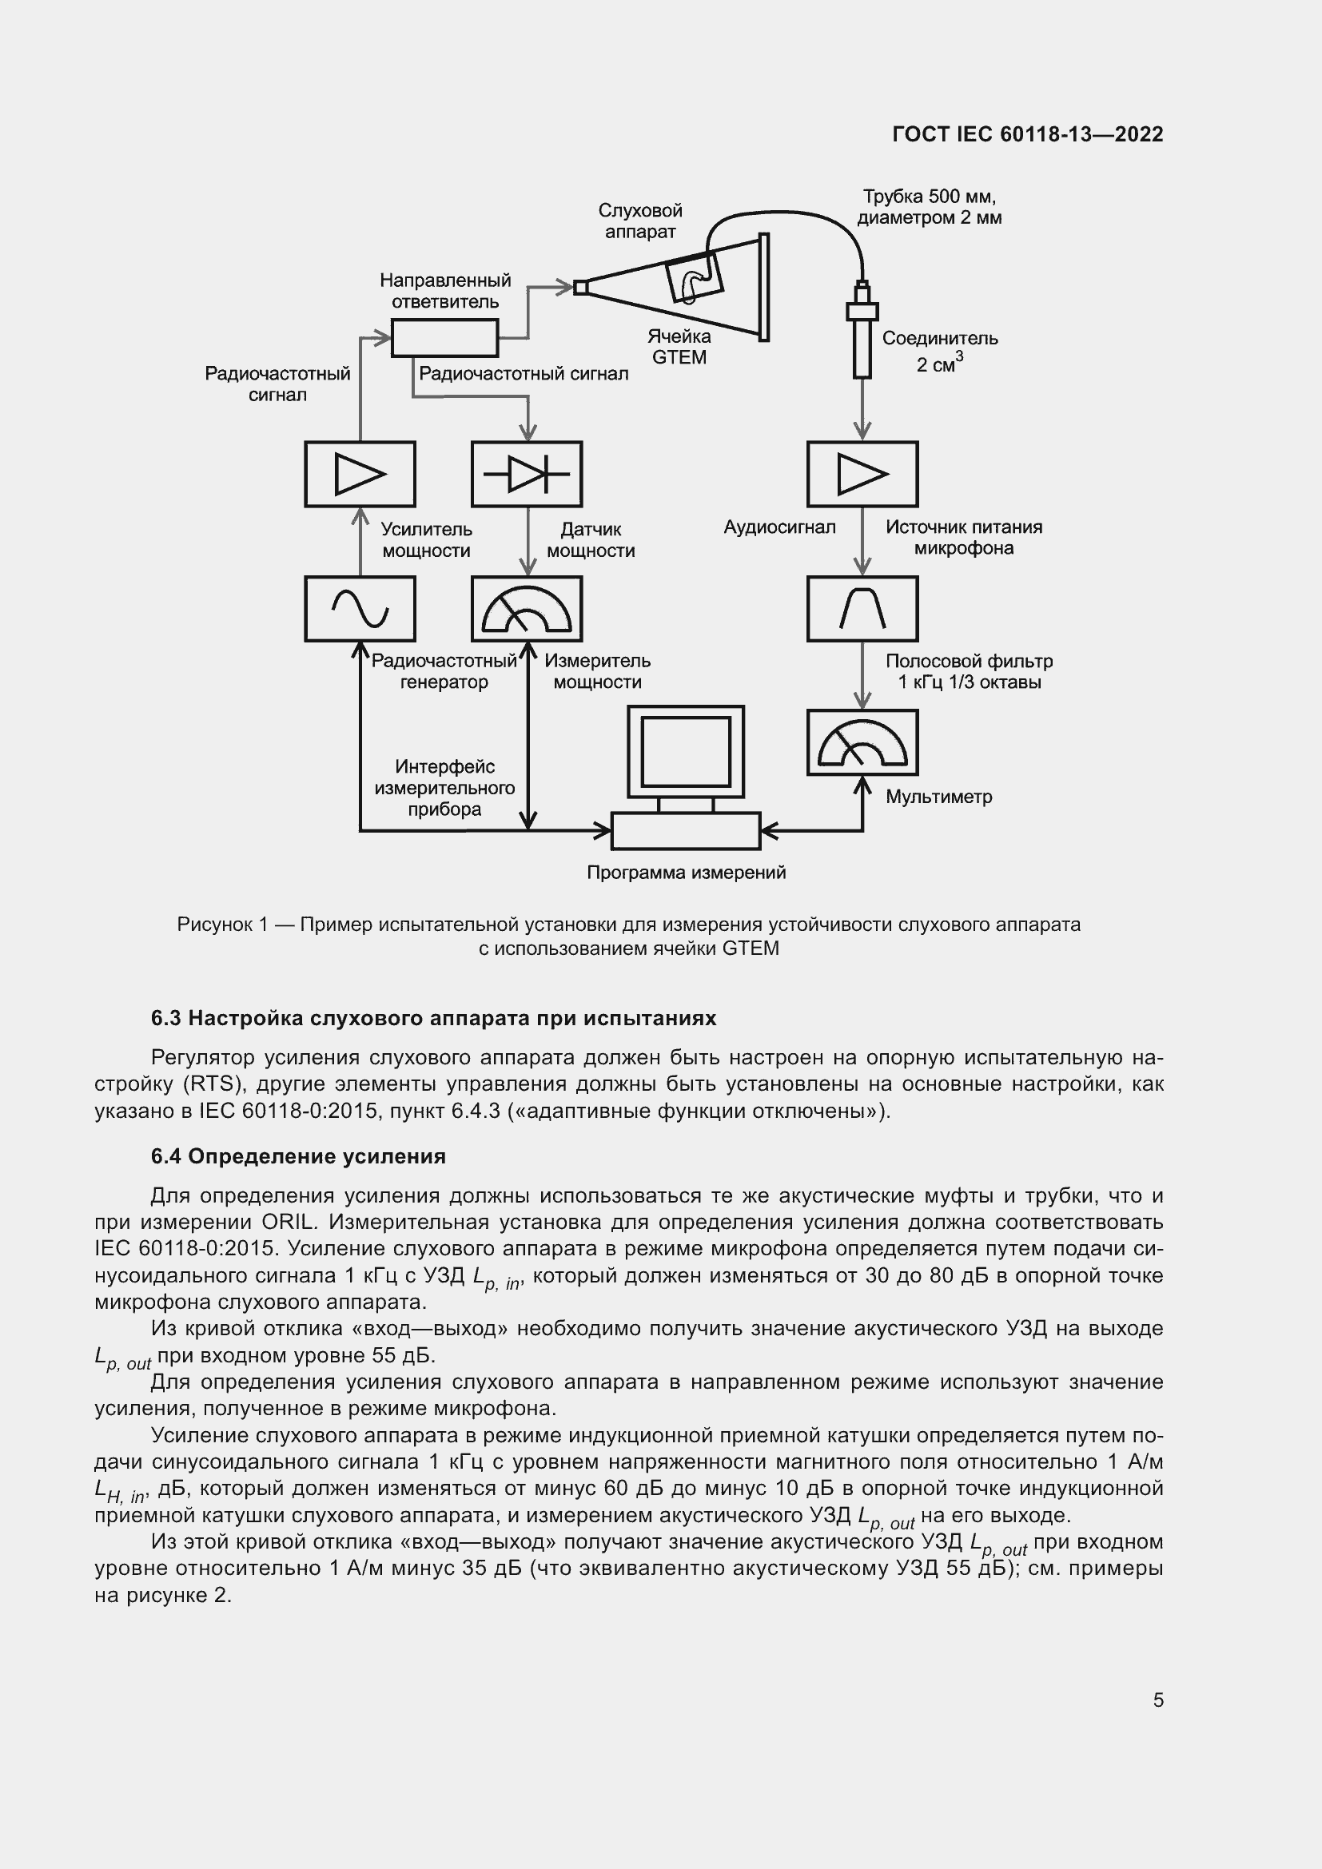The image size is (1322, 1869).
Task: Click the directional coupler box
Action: coord(444,338)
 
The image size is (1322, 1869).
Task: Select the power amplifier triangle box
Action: coord(360,474)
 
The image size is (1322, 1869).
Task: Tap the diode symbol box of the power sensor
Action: coord(527,474)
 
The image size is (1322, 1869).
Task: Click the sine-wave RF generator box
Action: coord(360,608)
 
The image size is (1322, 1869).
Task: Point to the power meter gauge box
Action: coord(527,608)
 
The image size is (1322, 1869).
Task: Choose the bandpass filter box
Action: coord(862,608)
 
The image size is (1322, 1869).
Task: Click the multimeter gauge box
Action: coord(862,742)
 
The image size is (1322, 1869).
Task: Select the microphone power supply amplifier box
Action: coord(862,474)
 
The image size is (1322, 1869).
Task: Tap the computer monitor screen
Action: coord(686,750)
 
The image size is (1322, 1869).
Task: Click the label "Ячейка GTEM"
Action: coord(679,347)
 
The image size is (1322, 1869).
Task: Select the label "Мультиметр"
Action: coord(938,797)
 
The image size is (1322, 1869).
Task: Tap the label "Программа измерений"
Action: coord(687,873)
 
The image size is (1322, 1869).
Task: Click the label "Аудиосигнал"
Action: coord(779,527)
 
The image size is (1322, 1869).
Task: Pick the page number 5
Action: coord(1157,1700)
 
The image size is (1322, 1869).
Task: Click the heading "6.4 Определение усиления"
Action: coord(298,1157)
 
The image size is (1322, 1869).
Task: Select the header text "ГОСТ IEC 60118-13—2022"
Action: coord(1027,134)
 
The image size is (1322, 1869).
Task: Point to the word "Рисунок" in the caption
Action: coord(214,925)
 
